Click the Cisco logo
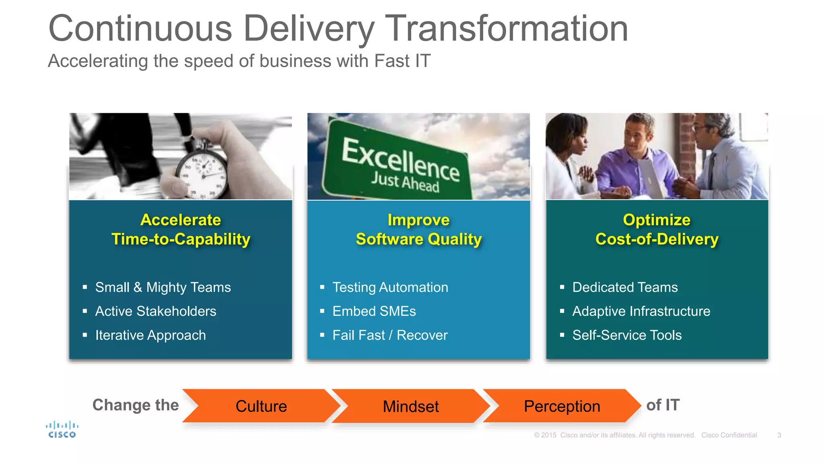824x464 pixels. point(62,429)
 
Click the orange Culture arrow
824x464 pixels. point(261,406)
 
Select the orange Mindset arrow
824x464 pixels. point(410,406)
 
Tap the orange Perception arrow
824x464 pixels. point(562,406)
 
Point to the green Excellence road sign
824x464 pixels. point(398,165)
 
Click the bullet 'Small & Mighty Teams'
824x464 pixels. point(163,287)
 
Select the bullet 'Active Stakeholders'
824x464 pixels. point(156,311)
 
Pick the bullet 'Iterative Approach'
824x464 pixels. point(150,335)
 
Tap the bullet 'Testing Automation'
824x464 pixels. point(390,287)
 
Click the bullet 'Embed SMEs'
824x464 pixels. point(374,311)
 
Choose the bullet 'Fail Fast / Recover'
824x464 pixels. point(389,335)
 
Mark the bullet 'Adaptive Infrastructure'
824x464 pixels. point(641,311)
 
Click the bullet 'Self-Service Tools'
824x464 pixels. point(627,335)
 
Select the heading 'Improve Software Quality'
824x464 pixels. point(418,230)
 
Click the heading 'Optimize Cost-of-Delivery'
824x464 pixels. point(657,230)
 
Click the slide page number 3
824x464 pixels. point(779,435)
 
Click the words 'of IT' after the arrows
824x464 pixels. point(663,405)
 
